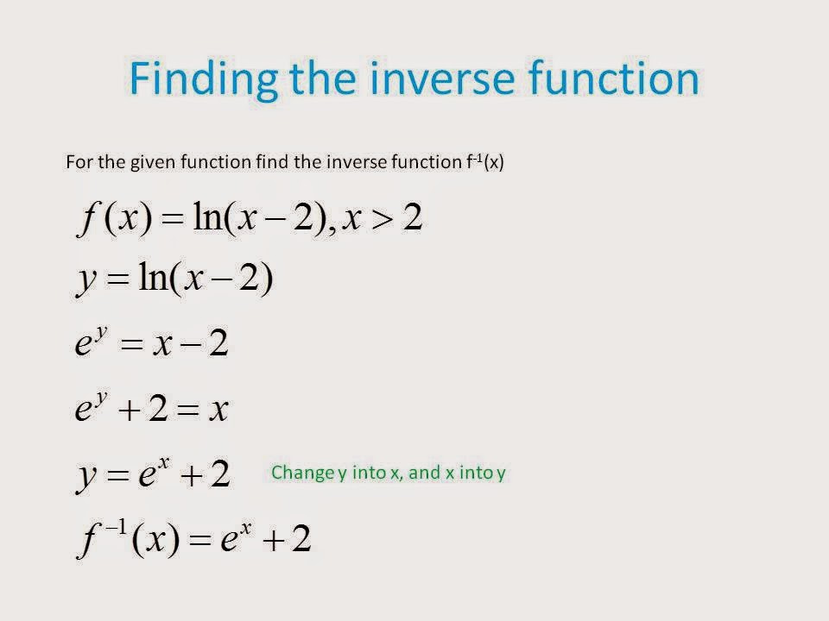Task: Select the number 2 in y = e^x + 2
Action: click(220, 474)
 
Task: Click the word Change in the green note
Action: click(303, 473)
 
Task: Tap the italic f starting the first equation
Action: click(87, 219)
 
